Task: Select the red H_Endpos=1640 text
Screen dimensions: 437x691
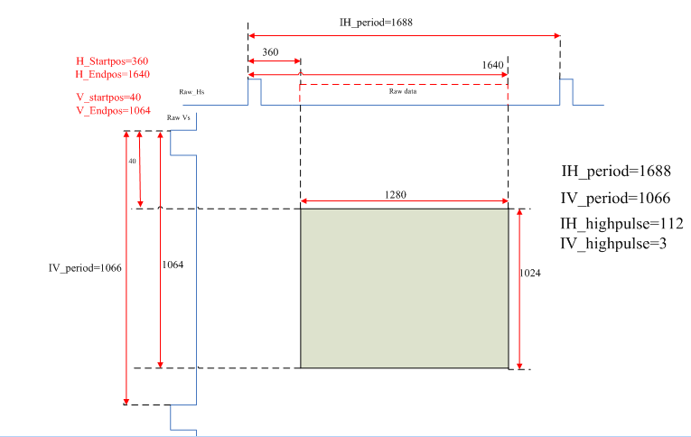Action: [x=112, y=74]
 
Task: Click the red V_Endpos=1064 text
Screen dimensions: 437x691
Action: [x=113, y=109]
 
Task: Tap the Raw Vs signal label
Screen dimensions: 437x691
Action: [x=178, y=117]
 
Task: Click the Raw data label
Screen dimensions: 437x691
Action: [x=403, y=91]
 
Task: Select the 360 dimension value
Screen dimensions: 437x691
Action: [x=270, y=52]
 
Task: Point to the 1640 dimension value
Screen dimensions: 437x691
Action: [x=492, y=66]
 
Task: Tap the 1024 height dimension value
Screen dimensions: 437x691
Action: [x=531, y=274]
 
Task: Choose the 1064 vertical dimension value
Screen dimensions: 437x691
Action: [x=174, y=265]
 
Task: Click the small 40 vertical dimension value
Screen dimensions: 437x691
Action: [x=132, y=161]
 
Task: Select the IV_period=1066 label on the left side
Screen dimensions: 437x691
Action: [x=85, y=268]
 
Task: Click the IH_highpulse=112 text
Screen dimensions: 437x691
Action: [x=621, y=224]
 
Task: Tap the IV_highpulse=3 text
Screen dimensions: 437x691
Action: [x=613, y=243]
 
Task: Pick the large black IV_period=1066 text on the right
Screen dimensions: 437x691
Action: [x=615, y=198]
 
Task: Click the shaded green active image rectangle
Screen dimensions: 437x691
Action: [x=404, y=288]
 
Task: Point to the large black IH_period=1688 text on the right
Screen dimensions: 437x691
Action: [x=615, y=171]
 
